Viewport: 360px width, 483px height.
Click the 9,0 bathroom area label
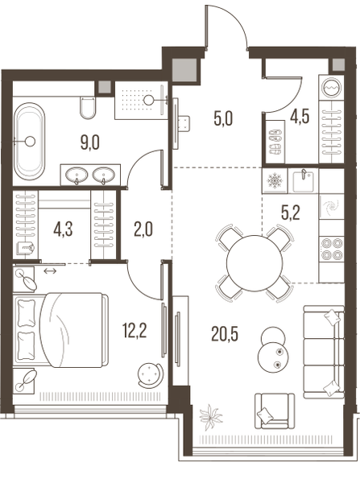click(90, 143)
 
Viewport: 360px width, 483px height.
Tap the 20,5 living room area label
click(225, 334)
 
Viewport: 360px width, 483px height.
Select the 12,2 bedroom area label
click(134, 331)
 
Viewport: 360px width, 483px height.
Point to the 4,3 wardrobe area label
click(63, 229)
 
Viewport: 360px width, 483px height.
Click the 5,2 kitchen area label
click(291, 213)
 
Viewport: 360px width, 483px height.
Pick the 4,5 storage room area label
click(300, 117)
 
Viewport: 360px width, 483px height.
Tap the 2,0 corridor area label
click(143, 229)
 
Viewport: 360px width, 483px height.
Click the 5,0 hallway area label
click(223, 119)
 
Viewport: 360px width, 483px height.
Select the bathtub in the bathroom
click(30, 141)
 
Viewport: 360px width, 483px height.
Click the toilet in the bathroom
click(88, 108)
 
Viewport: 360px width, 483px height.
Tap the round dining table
click(254, 262)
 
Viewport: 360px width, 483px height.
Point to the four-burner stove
click(332, 249)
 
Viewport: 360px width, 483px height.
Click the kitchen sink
click(304, 181)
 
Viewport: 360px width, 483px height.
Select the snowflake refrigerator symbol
click(275, 180)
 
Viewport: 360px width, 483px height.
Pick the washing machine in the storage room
click(332, 87)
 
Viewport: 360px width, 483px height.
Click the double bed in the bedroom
click(60, 330)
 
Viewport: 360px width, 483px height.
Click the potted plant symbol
click(211, 417)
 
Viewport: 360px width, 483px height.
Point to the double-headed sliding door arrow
click(50, 271)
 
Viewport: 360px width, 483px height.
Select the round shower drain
click(150, 99)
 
